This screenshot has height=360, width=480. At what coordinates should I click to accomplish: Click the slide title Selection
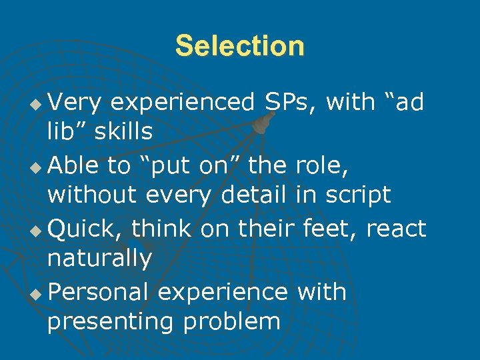tap(239, 46)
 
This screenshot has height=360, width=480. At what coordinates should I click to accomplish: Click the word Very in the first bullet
tap(74, 102)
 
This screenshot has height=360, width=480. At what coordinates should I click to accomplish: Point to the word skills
tap(123, 131)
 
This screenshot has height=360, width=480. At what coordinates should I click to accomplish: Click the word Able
tap(73, 165)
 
